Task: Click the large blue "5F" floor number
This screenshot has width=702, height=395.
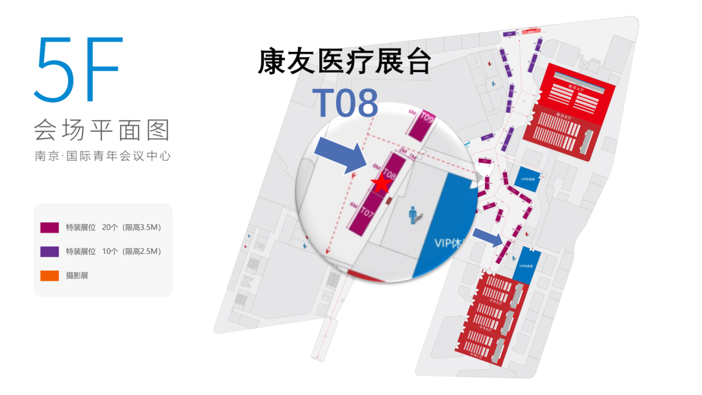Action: point(79,70)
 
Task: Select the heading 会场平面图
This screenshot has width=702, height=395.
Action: point(101,130)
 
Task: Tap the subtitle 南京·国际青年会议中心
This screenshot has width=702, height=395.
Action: point(102,157)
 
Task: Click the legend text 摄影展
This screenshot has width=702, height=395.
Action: point(77,275)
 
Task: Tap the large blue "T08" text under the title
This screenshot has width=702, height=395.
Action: point(344,103)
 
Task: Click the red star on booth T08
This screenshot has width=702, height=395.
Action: point(381,184)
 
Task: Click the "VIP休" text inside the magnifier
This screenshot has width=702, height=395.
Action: point(448,243)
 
